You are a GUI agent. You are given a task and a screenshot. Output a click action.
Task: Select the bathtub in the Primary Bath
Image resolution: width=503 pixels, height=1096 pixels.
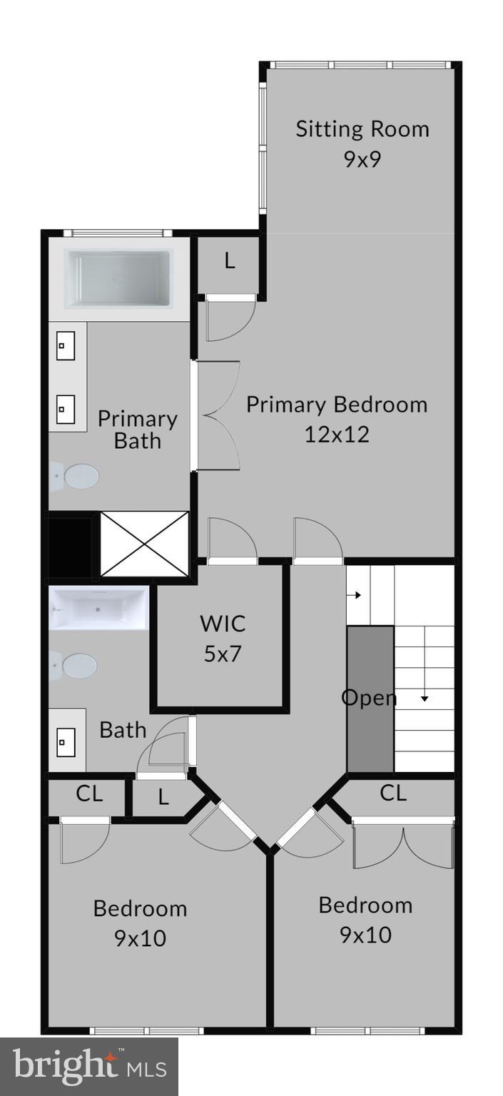click(118, 278)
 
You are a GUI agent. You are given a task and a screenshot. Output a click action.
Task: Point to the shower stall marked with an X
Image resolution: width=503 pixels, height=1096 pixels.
click(145, 543)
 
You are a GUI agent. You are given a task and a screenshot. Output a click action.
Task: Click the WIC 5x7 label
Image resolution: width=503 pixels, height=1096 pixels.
click(223, 638)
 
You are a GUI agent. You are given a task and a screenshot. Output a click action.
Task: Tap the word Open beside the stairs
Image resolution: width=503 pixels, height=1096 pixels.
click(369, 698)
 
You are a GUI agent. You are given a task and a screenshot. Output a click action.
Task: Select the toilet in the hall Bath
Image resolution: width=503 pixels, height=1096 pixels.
click(76, 666)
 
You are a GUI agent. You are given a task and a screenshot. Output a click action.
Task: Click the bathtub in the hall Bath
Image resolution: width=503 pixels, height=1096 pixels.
click(98, 609)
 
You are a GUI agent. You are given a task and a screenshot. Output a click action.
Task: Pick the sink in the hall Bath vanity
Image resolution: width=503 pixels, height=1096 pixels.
click(66, 742)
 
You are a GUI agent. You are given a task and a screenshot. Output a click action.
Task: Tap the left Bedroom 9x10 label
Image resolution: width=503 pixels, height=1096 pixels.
click(141, 923)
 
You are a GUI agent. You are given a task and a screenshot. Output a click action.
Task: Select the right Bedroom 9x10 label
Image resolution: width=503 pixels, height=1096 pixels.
click(365, 919)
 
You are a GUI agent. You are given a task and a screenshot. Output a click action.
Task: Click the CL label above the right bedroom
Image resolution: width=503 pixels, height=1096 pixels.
click(393, 793)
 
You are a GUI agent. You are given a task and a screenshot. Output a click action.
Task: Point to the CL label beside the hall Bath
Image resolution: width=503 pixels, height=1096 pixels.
click(89, 793)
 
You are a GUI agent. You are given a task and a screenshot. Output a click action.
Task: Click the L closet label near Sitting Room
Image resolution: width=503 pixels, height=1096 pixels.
click(230, 261)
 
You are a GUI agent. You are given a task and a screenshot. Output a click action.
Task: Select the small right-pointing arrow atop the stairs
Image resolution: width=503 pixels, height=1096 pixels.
click(357, 595)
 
